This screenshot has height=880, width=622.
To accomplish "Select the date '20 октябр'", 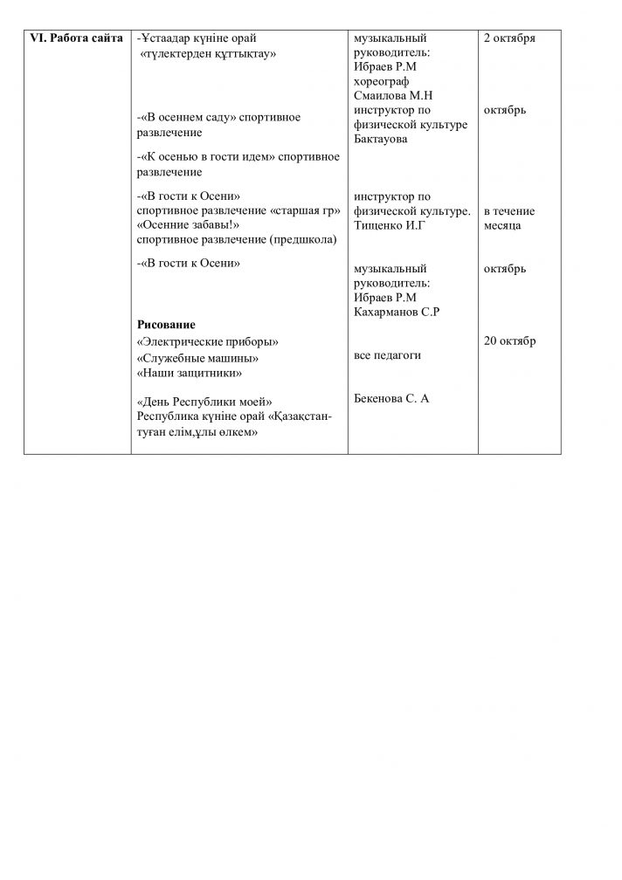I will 510,340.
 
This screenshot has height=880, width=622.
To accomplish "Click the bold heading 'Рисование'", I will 166,325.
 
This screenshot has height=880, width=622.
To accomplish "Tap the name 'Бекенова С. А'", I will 392,399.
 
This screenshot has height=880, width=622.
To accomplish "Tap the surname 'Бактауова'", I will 383,139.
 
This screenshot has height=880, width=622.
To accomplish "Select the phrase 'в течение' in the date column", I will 509,211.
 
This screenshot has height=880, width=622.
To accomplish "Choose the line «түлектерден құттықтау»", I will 209,53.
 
